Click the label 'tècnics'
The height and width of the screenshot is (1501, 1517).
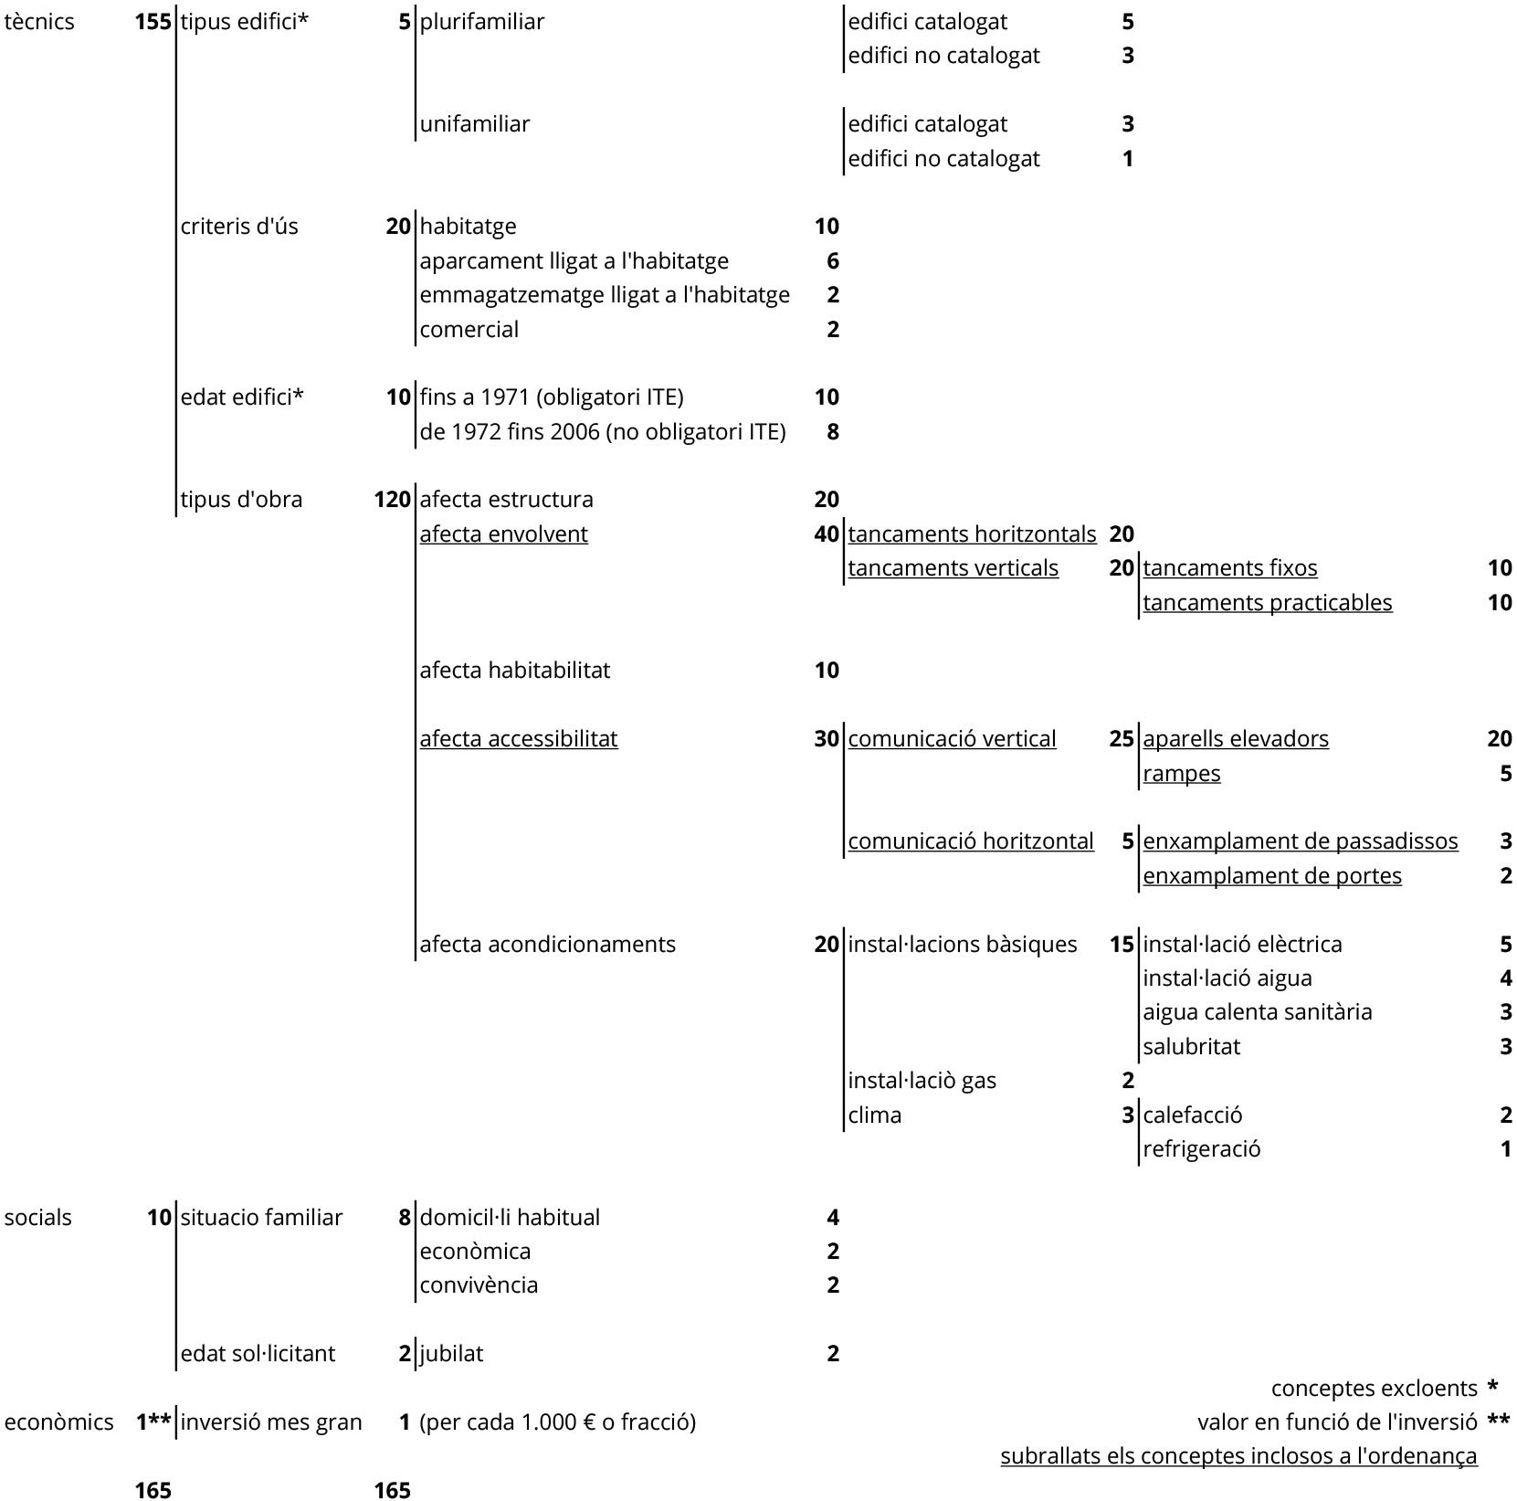[x=39, y=22]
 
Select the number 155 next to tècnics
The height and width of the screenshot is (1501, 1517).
[x=153, y=22]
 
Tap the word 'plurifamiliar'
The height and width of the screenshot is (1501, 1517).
[x=481, y=22]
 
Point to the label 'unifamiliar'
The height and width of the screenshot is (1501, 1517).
[x=474, y=124]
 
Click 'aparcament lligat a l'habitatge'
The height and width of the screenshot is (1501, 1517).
[x=574, y=261]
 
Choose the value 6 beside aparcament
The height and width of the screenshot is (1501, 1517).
[x=832, y=261]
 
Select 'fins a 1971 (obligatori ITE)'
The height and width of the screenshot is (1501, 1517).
[x=552, y=397]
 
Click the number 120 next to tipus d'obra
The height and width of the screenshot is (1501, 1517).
[x=392, y=500]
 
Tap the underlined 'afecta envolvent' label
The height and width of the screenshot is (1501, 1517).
[x=503, y=534]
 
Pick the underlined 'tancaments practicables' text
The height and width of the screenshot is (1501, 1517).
[x=1268, y=603]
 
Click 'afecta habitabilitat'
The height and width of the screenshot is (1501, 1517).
[x=514, y=671]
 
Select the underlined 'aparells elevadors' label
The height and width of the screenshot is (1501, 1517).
[x=1236, y=739]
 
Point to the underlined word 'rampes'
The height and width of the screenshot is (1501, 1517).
[x=1181, y=774]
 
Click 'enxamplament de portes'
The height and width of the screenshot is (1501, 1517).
[x=1272, y=876]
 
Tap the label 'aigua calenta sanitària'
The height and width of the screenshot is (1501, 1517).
[x=1257, y=1012]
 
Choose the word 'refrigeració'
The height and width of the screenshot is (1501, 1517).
[x=1201, y=1149]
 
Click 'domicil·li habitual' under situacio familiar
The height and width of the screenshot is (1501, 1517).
[x=510, y=1218]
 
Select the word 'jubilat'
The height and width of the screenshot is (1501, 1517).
[x=451, y=1354]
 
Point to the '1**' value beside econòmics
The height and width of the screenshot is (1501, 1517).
[x=153, y=1422]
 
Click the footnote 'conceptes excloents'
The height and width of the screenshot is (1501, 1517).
[x=1374, y=1389]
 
